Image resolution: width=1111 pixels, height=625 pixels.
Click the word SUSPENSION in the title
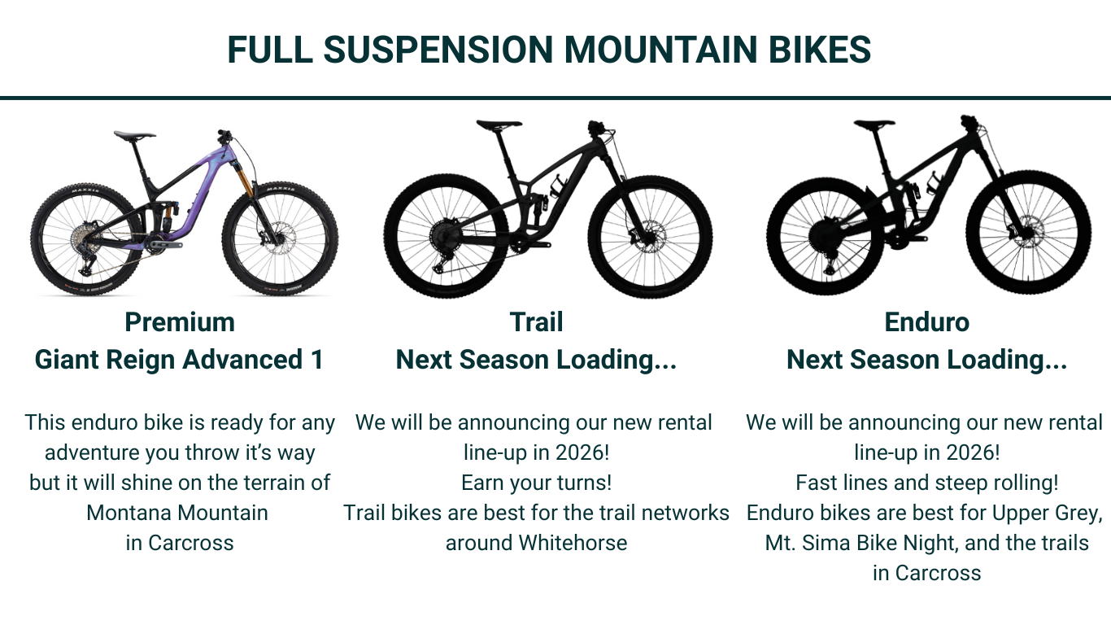tap(438, 50)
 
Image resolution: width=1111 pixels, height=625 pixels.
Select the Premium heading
tap(180, 323)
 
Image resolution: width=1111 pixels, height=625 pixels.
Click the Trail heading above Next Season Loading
tap(536, 322)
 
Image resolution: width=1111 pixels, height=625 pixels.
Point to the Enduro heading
tap(926, 322)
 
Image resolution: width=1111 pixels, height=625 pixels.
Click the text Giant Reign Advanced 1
tap(179, 360)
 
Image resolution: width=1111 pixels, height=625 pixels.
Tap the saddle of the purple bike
tap(134, 135)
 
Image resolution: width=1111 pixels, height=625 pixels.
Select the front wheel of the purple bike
tap(281, 238)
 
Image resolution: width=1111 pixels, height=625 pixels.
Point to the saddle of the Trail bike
tap(499, 125)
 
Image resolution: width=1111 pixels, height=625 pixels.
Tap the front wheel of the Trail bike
tap(650, 238)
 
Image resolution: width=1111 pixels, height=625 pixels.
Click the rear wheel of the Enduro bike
tap(826, 236)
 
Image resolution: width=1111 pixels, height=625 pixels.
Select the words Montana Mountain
tap(177, 513)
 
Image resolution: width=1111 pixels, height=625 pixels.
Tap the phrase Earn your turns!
tap(536, 483)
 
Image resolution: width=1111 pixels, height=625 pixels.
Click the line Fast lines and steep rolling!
tap(926, 483)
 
